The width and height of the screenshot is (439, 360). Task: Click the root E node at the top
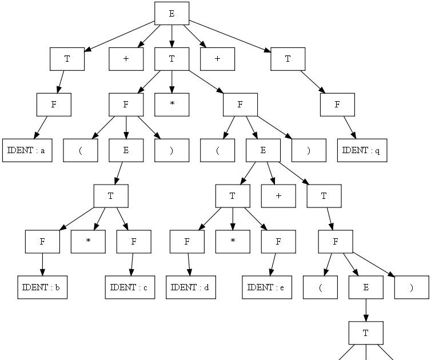(x=171, y=14)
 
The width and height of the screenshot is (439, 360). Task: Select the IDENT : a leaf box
(x=27, y=151)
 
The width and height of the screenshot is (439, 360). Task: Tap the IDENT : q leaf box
(x=362, y=151)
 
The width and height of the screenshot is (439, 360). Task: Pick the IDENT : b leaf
(x=42, y=287)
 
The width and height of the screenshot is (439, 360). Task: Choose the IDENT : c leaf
(x=130, y=287)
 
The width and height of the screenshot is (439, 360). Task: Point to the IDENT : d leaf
(x=190, y=287)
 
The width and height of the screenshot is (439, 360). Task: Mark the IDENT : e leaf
(x=267, y=287)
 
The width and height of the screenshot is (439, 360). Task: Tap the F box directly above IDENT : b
(x=42, y=242)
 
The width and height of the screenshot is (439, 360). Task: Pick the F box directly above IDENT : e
(x=278, y=242)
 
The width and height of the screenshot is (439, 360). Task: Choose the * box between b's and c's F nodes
(x=88, y=242)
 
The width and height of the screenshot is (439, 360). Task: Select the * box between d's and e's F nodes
(x=233, y=242)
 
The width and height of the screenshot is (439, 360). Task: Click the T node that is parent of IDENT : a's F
(x=67, y=59)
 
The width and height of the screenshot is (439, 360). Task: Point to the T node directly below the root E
(x=171, y=59)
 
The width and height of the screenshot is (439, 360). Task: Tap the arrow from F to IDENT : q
(x=350, y=128)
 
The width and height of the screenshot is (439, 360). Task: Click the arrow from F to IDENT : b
(x=42, y=265)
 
